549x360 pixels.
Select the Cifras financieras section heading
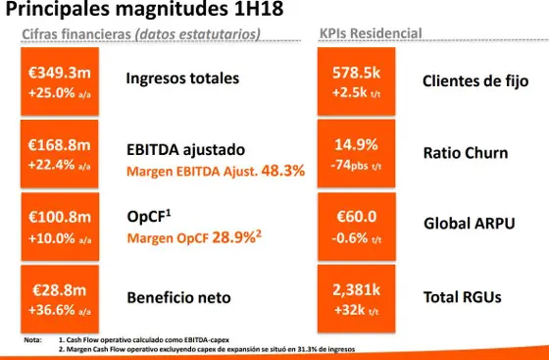click(141, 34)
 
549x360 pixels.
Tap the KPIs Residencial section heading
click(371, 34)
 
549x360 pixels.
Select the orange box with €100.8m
click(60, 227)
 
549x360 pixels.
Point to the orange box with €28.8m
click(60, 298)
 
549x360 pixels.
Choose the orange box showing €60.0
click(356, 227)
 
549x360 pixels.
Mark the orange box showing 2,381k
click(356, 298)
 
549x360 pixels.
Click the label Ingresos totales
click(182, 77)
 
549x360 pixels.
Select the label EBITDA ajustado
click(185, 150)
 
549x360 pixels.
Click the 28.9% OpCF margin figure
click(239, 238)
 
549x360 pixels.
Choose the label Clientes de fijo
click(474, 80)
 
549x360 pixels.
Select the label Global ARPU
click(469, 225)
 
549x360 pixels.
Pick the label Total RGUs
click(466, 296)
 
